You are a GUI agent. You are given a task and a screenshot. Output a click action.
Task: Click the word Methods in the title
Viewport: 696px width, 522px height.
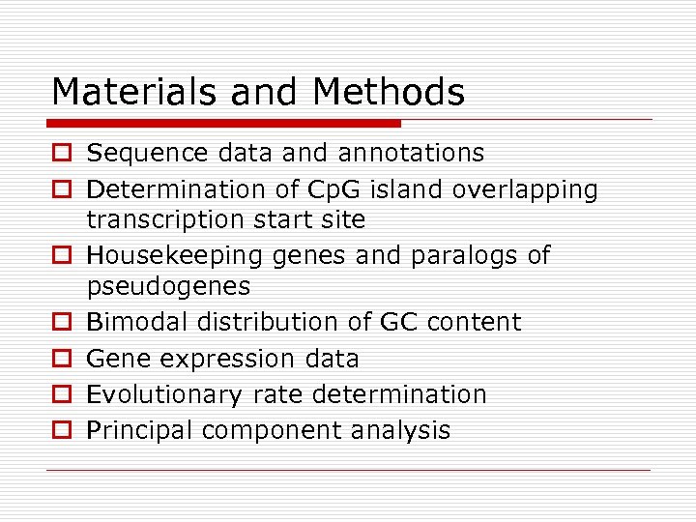(389, 93)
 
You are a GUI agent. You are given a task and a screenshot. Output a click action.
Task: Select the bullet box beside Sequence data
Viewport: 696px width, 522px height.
(61, 154)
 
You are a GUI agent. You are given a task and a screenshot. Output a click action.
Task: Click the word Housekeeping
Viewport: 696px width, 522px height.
(161, 256)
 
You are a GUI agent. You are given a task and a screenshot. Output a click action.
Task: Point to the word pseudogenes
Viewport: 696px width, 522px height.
(168, 287)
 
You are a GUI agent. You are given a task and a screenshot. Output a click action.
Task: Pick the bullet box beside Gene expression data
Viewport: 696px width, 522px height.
(61, 359)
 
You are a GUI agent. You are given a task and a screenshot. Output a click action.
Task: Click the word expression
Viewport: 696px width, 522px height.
(224, 360)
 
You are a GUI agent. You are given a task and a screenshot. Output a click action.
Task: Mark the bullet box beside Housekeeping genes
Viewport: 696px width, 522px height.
(61, 256)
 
